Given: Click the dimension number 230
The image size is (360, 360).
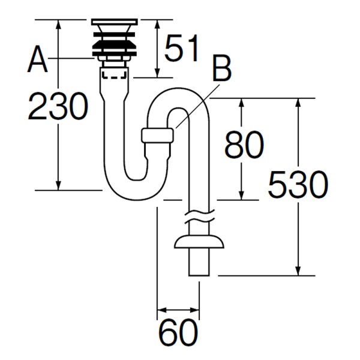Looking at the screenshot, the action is pyautogui.click(x=58, y=106).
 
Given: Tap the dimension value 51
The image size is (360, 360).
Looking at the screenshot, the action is pyautogui.click(x=181, y=48).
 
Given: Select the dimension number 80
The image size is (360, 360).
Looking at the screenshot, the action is pyautogui.click(x=244, y=145).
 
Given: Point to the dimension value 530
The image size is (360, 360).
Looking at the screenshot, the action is pyautogui.click(x=298, y=184).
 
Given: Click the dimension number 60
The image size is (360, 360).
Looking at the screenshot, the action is pyautogui.click(x=178, y=332).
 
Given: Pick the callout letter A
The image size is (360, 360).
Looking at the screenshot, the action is pyautogui.click(x=37, y=59).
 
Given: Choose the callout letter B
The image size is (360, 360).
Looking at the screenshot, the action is pyautogui.click(x=222, y=68).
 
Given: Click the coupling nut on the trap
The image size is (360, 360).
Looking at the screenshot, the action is pyautogui.click(x=157, y=136).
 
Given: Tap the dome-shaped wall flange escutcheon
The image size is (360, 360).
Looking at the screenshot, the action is pyautogui.click(x=199, y=242).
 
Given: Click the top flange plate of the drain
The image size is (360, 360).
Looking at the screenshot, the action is pyautogui.click(x=115, y=22).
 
